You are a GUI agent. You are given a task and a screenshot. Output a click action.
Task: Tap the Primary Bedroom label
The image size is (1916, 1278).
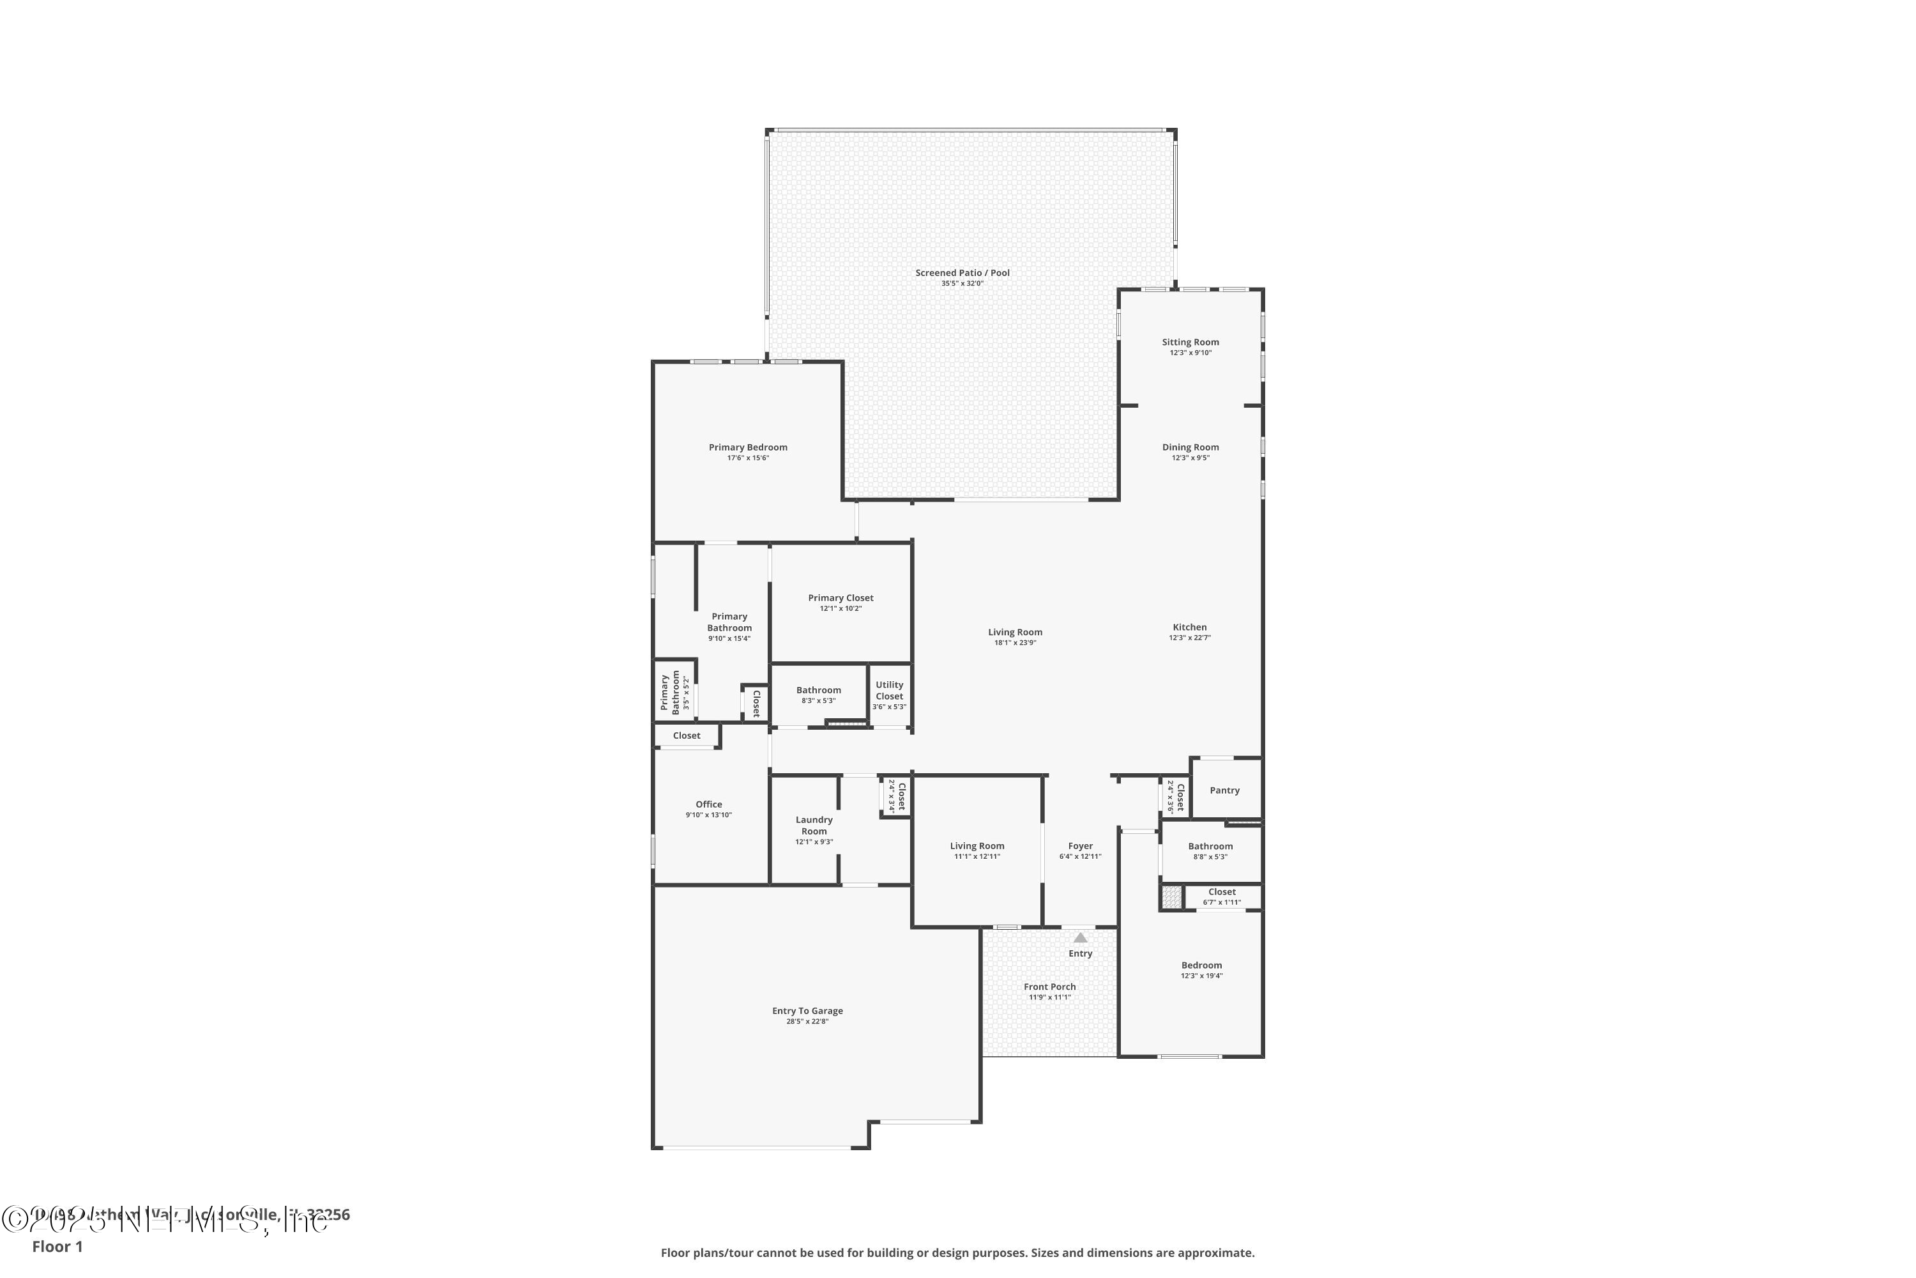[x=748, y=447]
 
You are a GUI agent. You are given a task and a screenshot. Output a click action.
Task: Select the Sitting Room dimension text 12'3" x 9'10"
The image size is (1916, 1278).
[x=1190, y=353]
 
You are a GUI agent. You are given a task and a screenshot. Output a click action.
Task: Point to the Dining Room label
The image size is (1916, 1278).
[x=1190, y=447]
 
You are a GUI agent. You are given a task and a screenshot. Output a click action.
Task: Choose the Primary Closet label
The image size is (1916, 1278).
[x=840, y=598]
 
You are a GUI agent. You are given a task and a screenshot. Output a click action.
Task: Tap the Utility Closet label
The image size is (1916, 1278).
[x=889, y=690]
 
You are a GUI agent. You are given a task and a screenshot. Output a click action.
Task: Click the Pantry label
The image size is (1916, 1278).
[x=1224, y=790]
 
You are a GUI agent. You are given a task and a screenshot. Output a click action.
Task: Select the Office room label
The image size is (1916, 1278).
[x=709, y=805]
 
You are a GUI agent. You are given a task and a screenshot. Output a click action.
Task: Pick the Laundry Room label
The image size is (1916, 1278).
[x=814, y=826]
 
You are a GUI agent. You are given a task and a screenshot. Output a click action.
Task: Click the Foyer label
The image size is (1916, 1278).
[x=1080, y=846]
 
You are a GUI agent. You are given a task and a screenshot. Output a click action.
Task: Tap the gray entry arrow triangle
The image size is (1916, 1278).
[x=1080, y=938]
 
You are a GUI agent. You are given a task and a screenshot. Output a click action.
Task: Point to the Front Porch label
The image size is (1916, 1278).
[x=1049, y=987]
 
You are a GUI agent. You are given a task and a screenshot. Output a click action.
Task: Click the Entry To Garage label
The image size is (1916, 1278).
[x=807, y=1011]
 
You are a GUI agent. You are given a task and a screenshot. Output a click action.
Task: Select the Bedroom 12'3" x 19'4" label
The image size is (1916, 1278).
[x=1201, y=966]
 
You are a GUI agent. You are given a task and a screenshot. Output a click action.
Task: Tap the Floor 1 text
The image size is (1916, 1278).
[x=57, y=1246]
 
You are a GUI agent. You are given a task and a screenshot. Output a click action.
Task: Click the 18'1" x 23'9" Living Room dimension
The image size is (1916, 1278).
[x=1015, y=643]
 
